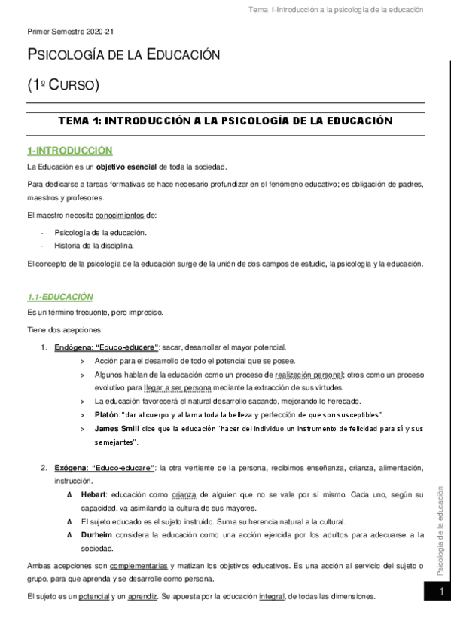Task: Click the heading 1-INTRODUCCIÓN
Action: click(x=69, y=151)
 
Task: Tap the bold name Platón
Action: click(x=105, y=415)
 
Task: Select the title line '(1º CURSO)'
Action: click(x=62, y=84)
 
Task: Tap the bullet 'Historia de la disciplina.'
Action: click(x=95, y=246)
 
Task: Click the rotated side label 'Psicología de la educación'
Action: click(x=440, y=521)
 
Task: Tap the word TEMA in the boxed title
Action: click(x=75, y=121)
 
